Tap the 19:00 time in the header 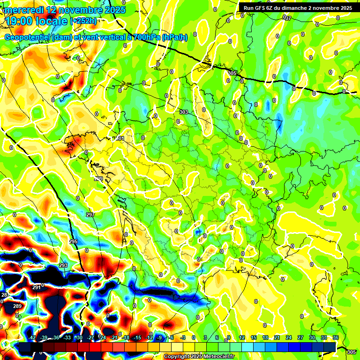(x=18, y=21)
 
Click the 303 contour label (x=184, y=112)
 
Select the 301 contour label (x=120, y=139)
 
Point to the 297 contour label (x=90, y=215)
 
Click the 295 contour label (x=74, y=241)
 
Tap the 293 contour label (x=63, y=265)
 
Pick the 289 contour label (x=17, y=306)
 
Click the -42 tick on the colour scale (x=32, y=337)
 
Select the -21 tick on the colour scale (x=114, y=337)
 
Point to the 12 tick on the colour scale (x=242, y=337)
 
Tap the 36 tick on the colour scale (x=336, y=337)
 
